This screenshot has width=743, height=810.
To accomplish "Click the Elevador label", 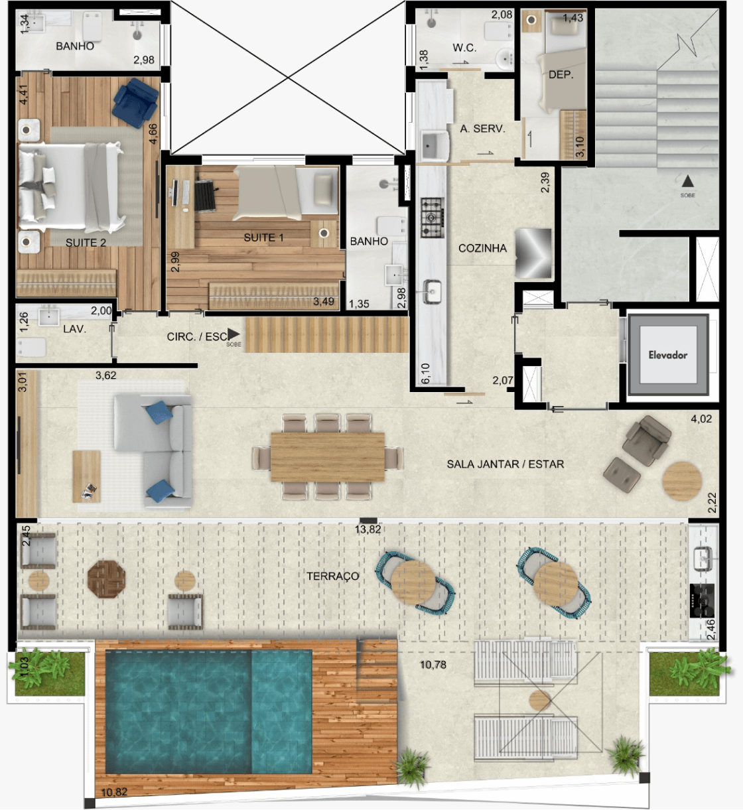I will pyautogui.click(x=667, y=355).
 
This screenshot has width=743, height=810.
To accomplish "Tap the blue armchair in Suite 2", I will pyautogui.click(x=135, y=101).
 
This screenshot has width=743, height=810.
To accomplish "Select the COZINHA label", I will pyautogui.click(x=482, y=248).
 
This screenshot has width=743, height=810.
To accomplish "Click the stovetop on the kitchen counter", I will pyautogui.click(x=433, y=217).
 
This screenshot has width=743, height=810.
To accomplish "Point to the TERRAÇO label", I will pyautogui.click(x=332, y=576).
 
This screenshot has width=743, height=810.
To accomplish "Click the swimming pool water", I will pyautogui.click(x=208, y=710).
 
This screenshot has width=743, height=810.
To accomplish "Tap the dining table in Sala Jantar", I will pyautogui.click(x=327, y=456).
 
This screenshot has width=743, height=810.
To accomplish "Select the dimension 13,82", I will pyautogui.click(x=368, y=529).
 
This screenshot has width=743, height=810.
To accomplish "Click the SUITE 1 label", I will pyautogui.click(x=263, y=237).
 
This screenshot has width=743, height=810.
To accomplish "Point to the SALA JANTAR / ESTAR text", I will pyautogui.click(x=505, y=464).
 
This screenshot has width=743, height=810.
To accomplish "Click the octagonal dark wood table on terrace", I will pyautogui.click(x=107, y=579).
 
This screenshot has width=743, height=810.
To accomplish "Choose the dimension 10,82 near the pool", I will pyautogui.click(x=114, y=792).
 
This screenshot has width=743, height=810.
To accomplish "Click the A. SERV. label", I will pyautogui.click(x=482, y=129).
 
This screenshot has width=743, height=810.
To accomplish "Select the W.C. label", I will pyautogui.click(x=464, y=48).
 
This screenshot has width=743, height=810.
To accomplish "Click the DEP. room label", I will pyautogui.click(x=561, y=75).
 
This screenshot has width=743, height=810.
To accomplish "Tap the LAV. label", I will pyautogui.click(x=74, y=329).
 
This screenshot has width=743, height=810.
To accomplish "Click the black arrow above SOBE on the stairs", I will pyautogui.click(x=688, y=180).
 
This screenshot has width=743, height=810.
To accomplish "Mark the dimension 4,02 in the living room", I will pyautogui.click(x=701, y=419).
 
